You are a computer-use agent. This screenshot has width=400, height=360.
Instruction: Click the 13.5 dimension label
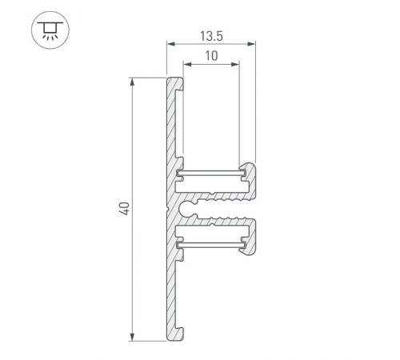(210, 35)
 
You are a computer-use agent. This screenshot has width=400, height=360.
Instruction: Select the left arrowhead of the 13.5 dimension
(170, 45)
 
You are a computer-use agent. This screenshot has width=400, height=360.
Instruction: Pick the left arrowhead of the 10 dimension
(186, 65)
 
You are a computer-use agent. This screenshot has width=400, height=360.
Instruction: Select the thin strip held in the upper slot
(210, 172)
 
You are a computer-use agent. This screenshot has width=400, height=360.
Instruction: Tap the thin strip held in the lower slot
(210, 241)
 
